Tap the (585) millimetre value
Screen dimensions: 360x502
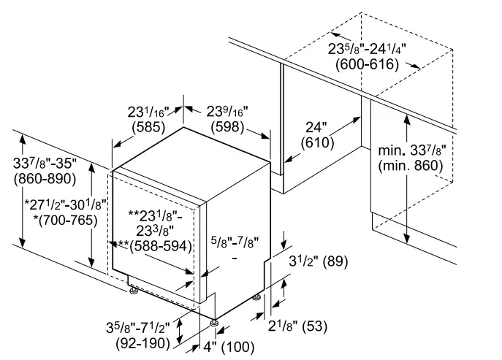click(x=148, y=127)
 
